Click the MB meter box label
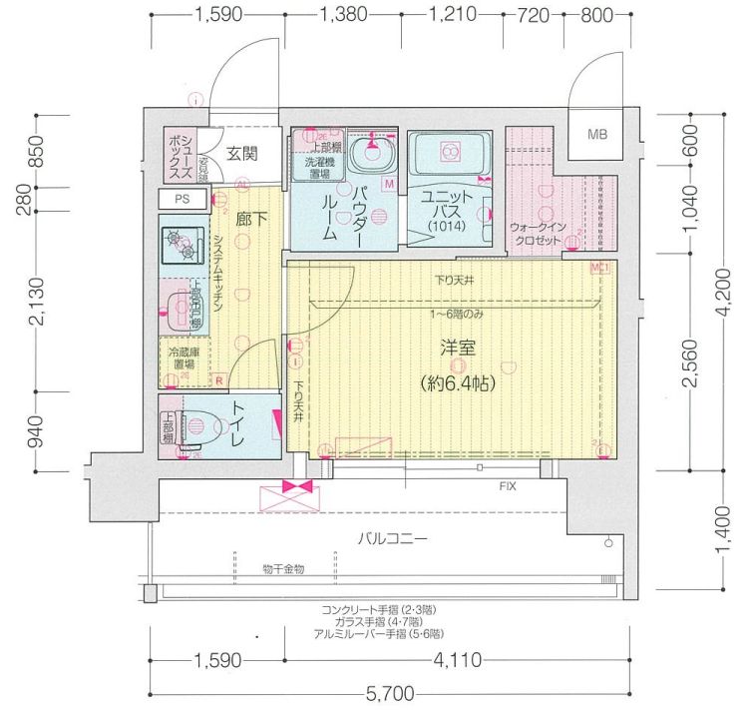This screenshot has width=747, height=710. point(597,134)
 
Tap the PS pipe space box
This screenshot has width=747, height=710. point(182,199)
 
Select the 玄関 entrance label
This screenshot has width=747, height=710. point(241,153)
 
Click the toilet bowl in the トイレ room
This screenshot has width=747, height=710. point(205,426)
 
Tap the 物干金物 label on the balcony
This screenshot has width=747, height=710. point(284,568)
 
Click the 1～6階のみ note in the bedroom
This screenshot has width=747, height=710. point(457,314)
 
